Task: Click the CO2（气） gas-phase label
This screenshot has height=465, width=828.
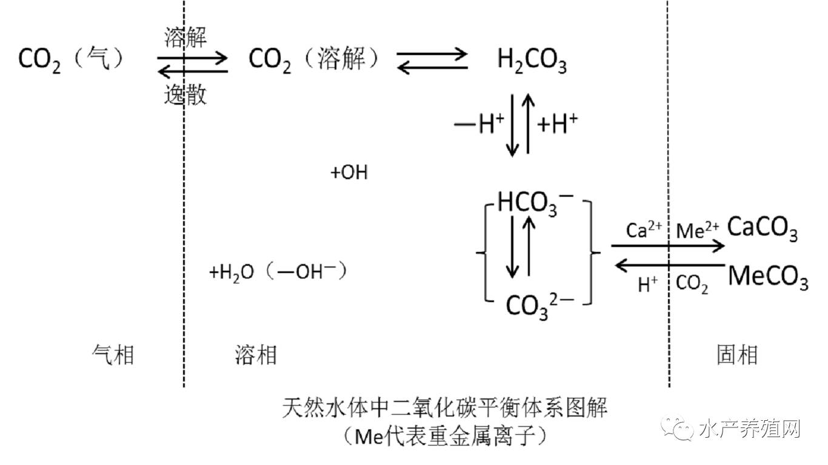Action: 71,60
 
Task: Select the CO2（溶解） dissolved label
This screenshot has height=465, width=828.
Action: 314,60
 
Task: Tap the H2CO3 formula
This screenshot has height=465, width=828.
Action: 532,61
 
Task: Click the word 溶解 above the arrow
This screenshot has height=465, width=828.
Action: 185,38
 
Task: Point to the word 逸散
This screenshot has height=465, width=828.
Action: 185,95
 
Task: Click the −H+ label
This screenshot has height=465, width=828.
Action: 479,125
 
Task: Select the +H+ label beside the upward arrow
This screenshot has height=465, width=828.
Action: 558,125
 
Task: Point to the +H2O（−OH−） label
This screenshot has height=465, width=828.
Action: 278,272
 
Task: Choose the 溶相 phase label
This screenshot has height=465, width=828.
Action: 255,355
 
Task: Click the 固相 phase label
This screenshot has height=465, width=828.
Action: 736,355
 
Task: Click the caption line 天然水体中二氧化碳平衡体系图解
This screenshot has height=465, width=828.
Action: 445,407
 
